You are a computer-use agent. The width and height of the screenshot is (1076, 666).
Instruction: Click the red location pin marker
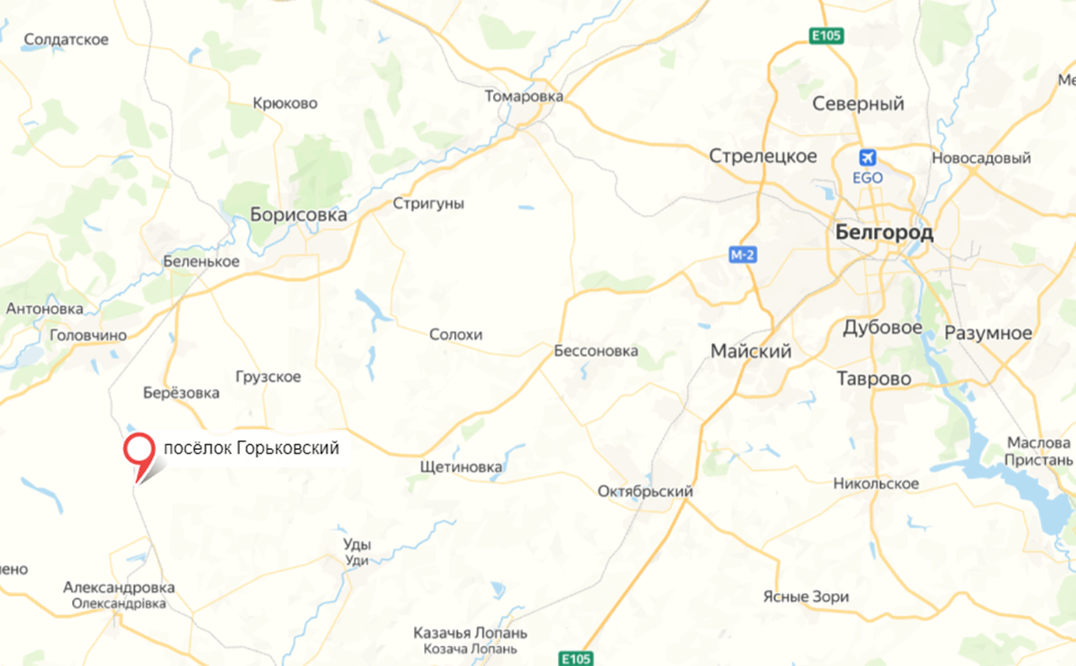(x=139, y=452)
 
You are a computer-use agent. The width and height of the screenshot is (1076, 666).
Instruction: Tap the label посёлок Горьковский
(x=251, y=448)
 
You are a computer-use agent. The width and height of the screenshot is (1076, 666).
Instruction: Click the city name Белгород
(x=884, y=233)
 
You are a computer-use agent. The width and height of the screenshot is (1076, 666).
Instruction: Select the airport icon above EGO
(x=868, y=157)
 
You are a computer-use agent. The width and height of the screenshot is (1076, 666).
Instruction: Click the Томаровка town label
(x=524, y=96)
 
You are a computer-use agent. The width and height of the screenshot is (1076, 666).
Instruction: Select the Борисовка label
(x=298, y=215)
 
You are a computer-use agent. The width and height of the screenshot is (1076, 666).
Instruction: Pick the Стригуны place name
(x=428, y=203)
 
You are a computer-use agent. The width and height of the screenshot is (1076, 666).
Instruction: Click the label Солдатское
(x=67, y=39)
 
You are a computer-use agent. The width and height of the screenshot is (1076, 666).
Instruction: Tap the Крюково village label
(x=285, y=103)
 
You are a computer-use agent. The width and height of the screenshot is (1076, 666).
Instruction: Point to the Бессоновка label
(x=595, y=351)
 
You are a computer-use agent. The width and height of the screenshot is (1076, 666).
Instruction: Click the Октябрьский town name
(x=645, y=492)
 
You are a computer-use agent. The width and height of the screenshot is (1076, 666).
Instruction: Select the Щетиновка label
(x=460, y=467)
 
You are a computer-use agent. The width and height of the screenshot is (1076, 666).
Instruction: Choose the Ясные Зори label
(x=805, y=597)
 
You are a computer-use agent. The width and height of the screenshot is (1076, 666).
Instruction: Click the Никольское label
(x=875, y=484)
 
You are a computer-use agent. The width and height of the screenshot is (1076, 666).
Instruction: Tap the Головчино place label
(x=88, y=335)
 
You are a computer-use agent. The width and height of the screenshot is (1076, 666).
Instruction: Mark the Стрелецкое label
(x=763, y=156)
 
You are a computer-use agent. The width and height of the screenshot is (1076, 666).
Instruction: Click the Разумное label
(x=988, y=332)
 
